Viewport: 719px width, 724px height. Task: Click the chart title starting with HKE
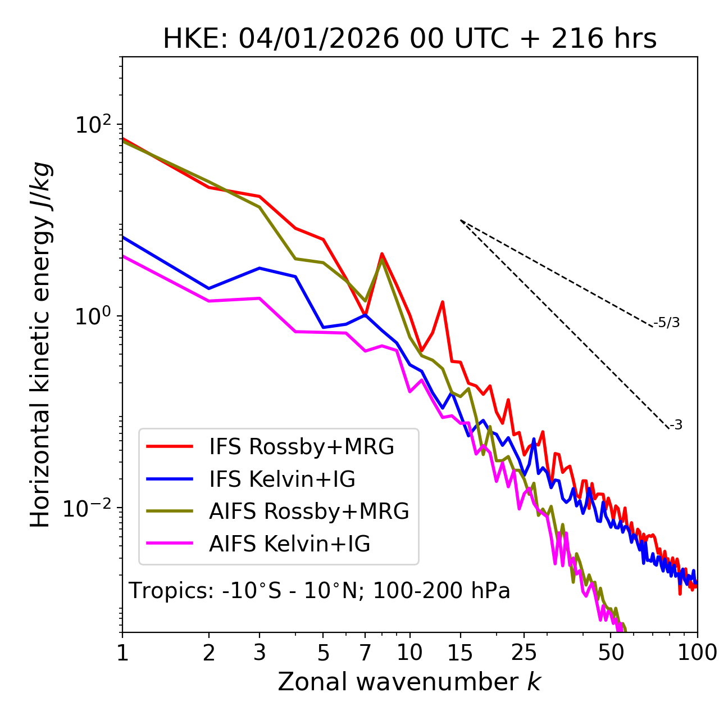(x=409, y=39)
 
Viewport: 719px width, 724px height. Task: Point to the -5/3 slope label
(x=667, y=323)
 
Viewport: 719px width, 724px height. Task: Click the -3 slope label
(x=676, y=426)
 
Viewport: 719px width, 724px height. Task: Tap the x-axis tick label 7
(x=365, y=653)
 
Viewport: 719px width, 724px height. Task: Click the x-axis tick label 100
(x=697, y=653)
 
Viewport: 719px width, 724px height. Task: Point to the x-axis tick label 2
(x=209, y=653)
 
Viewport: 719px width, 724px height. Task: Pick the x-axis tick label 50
(x=611, y=653)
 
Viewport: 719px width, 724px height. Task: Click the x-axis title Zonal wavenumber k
(x=409, y=682)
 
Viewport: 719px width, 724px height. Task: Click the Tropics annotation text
(x=320, y=591)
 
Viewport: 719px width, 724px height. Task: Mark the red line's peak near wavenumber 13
(x=443, y=302)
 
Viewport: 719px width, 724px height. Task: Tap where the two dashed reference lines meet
(x=461, y=220)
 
